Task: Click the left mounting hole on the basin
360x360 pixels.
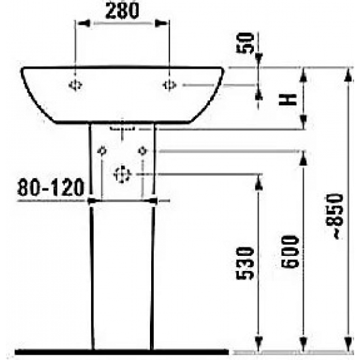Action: point(76,84)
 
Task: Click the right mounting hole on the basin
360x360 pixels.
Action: point(170,84)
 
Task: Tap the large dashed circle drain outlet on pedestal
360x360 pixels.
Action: point(122,174)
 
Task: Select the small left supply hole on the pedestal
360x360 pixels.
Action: point(101,151)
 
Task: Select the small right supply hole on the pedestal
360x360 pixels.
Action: point(142,151)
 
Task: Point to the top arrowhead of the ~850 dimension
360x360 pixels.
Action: point(345,72)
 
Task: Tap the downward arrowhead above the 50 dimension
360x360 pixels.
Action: point(258,61)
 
